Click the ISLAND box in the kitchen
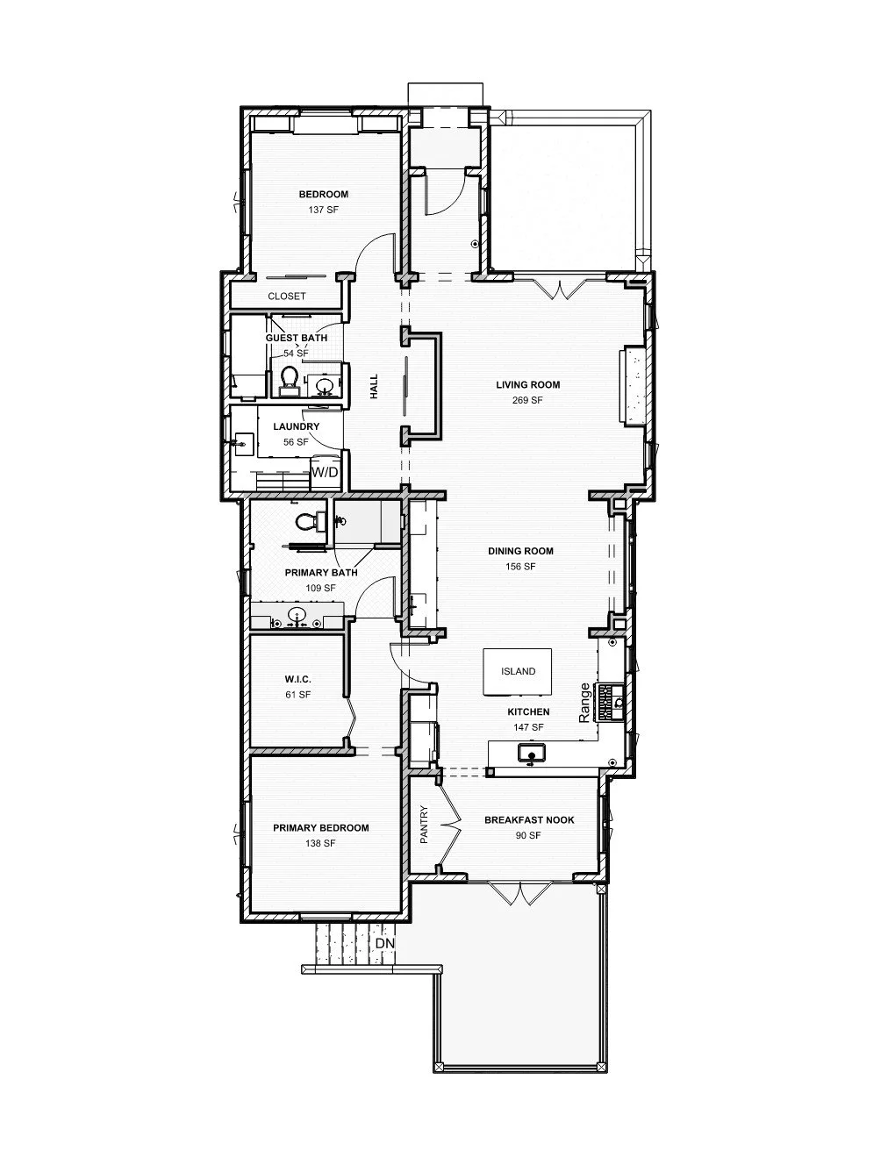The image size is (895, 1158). (518, 671)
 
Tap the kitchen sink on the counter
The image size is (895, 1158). (531, 753)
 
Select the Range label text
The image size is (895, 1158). (585, 703)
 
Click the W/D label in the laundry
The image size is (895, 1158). (325, 472)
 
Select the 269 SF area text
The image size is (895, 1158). (527, 400)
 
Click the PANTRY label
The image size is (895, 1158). (424, 825)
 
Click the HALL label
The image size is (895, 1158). (374, 387)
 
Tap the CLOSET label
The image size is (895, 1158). (287, 297)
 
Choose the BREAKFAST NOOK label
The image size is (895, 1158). (529, 820)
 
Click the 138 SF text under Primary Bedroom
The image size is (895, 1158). (320, 843)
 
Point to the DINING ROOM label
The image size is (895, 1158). (521, 552)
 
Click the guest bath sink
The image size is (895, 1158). (324, 384)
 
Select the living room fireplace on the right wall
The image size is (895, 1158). (632, 386)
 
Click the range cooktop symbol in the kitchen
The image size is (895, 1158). (606, 702)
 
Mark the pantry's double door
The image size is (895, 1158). (449, 825)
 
